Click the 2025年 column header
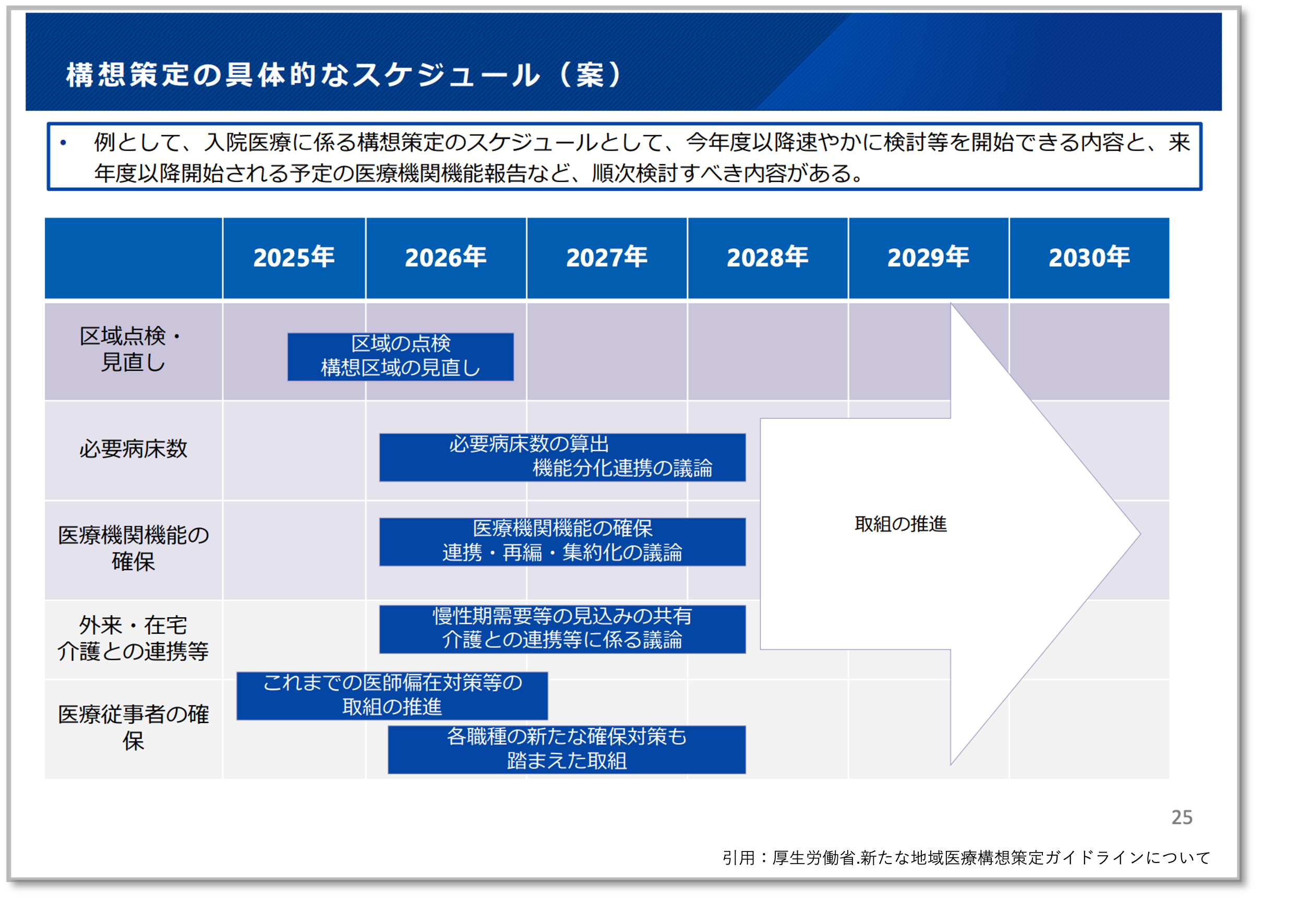293,257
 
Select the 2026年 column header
446,257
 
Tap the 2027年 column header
607,257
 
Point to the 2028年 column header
767,257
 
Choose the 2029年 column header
928,257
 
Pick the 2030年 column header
1088,257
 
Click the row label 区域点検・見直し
133,349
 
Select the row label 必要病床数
133,449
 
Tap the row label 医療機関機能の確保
133,548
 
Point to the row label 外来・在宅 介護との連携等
133,638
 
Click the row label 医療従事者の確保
133,727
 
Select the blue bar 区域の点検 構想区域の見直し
400,356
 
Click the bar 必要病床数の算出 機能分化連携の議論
562,457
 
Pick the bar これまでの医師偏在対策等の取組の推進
392,695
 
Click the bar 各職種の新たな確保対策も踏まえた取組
567,749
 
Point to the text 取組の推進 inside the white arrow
900,524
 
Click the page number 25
1182,817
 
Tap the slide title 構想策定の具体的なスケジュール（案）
343,75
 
